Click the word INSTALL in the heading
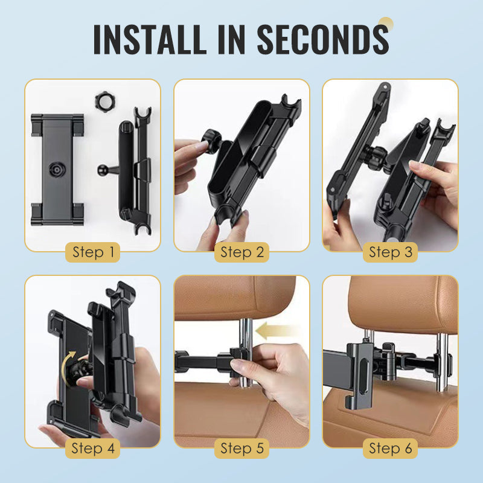click(150, 39)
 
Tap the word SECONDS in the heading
click(323, 39)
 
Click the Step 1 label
click(93, 252)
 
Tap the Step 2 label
click(242, 252)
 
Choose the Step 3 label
click(390, 252)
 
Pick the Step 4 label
click(93, 449)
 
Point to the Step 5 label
click(242, 449)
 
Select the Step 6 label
click(390, 449)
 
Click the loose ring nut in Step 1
click(105, 101)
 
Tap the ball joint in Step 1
click(103, 170)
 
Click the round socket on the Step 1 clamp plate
click(57, 169)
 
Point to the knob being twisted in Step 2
click(211, 141)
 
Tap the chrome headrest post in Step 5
click(246, 351)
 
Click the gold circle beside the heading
click(386, 25)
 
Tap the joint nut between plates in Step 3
click(376, 158)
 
